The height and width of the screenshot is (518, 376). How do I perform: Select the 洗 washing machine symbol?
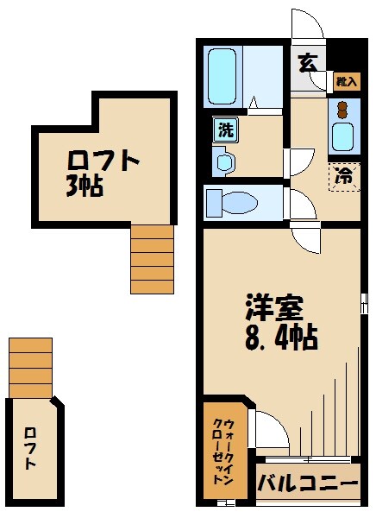pyautogui.click(x=224, y=131)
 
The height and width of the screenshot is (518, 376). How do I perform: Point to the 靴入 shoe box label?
pyautogui.click(x=346, y=82)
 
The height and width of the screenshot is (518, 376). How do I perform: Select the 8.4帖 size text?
pyautogui.click(x=281, y=336)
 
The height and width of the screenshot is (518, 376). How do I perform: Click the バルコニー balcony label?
pyautogui.click(x=307, y=482)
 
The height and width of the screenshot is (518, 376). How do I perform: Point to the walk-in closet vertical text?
pyautogui.click(x=225, y=449)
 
